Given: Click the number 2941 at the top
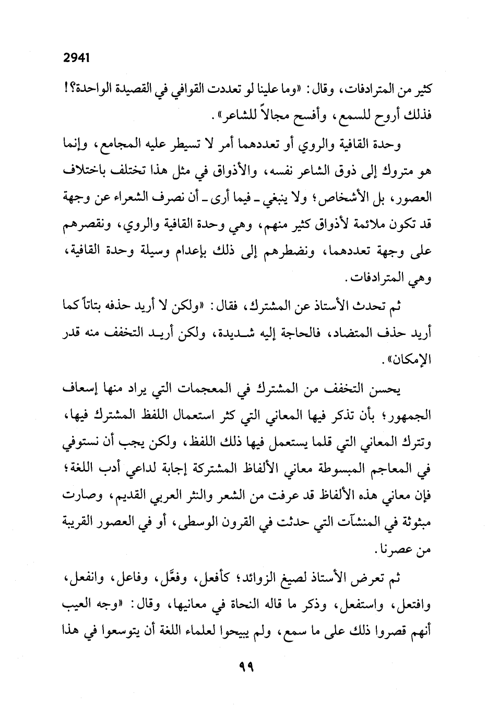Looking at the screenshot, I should click(x=76, y=58).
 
